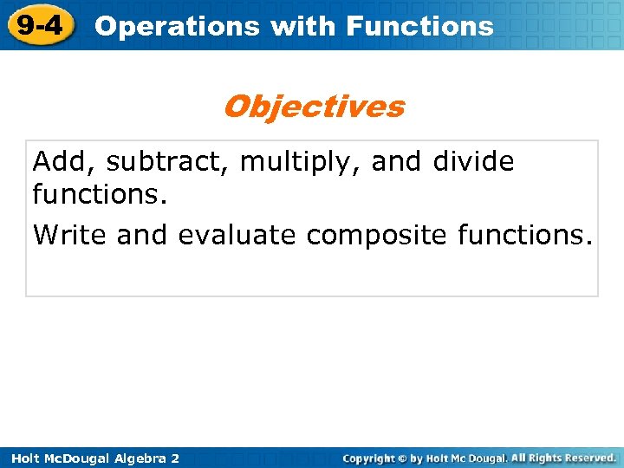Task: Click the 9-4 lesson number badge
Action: pos(39,25)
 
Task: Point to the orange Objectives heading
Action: pos(313,107)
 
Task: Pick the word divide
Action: pos(475,161)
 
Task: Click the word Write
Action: pos(70,235)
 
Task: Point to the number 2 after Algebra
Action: pos(175,458)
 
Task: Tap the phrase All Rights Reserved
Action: pos(563,458)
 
